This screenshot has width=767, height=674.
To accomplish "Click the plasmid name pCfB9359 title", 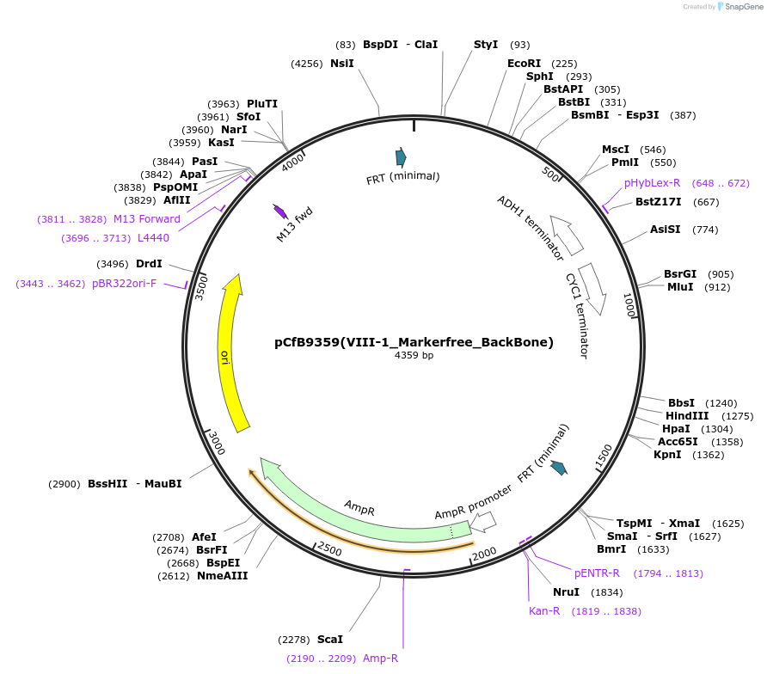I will pos(414,342).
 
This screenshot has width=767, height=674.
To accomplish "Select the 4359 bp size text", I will pos(414,356).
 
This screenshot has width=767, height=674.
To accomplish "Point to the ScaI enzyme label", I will pos(329,640).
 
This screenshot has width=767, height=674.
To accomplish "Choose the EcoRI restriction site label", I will pos(524,64).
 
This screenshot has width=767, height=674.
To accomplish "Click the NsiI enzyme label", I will pos(341,64).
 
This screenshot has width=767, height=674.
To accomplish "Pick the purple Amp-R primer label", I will pos(380,659).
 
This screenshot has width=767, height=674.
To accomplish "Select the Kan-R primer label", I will pos(544,611).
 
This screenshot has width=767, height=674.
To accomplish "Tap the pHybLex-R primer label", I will pos(653,183).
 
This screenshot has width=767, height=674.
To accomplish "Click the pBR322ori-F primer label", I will pos(124,284).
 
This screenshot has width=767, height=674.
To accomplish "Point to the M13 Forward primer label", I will pos(147,219).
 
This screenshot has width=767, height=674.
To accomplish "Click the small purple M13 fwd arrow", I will pos(279,211).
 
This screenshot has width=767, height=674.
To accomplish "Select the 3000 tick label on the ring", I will pos(217,445).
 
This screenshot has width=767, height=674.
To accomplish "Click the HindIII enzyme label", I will pos(688,416).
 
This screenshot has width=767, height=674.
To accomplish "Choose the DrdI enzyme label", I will pos(149,264).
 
